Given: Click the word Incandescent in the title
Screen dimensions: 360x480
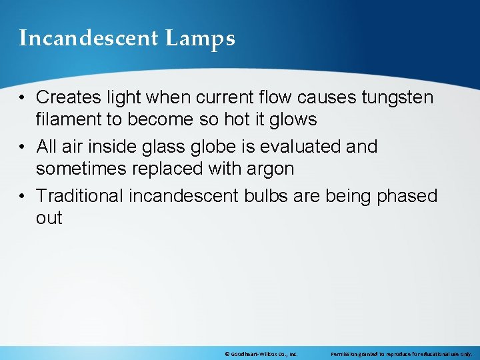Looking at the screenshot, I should pos(89,39).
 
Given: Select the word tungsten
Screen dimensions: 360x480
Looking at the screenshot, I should pos(397,97).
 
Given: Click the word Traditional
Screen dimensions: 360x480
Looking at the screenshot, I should pos(80,196).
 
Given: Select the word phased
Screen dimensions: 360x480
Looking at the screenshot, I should pos(407,196).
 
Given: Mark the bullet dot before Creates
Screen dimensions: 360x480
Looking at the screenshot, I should pos(23,98).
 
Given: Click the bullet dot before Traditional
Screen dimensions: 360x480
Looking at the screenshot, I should pos(23,197).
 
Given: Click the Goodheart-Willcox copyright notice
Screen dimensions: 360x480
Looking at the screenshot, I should pos(261,354).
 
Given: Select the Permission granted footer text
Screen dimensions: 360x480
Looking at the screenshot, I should pos(401,354).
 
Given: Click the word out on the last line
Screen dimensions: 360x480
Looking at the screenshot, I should pos(49,219).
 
